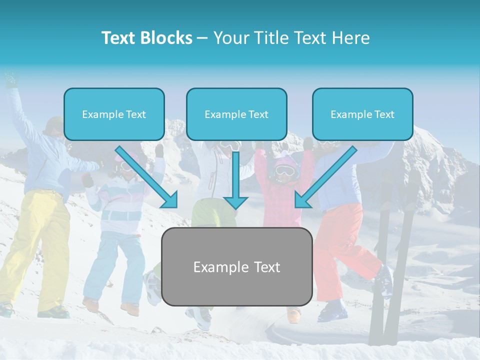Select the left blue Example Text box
pos(114,114)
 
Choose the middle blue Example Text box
pos(236,114)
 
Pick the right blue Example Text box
pos(362,114)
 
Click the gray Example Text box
pos(236,267)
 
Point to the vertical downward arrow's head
pos(235,202)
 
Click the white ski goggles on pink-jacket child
pos(285,170)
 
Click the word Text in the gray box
pos(265,267)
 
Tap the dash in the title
pos(202,38)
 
